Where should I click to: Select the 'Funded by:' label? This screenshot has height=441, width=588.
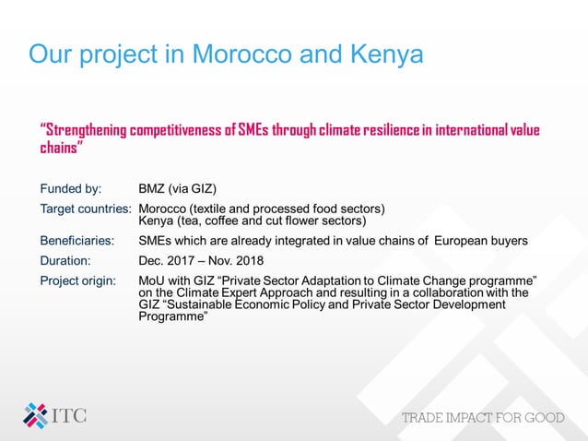coord(70,189)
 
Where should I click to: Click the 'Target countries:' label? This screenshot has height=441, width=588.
coord(86,209)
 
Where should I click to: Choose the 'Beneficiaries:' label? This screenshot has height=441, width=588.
coord(76,241)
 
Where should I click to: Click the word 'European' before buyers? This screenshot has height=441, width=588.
coord(464,241)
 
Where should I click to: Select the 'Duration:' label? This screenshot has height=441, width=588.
coord(65,260)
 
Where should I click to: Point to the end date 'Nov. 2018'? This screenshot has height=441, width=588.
coord(239,260)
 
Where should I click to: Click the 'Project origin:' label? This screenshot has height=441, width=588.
coord(77,280)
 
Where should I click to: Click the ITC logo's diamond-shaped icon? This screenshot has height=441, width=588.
coord(35,414)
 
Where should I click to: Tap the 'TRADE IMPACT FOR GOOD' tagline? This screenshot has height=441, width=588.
coord(483,418)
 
